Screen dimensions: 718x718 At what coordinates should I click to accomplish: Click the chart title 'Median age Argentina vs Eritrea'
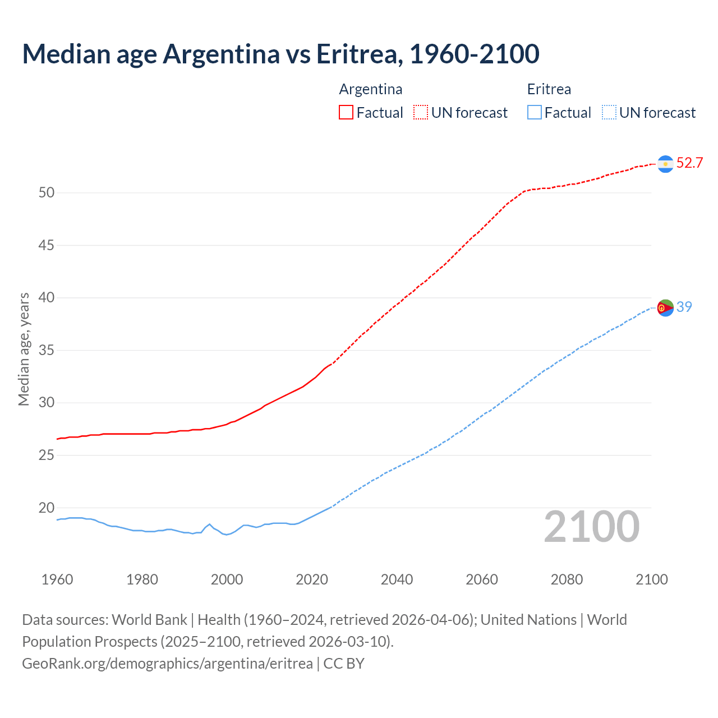point(280,54)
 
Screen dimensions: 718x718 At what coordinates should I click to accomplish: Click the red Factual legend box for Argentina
point(346,113)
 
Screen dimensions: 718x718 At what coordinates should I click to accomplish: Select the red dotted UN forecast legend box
point(421,113)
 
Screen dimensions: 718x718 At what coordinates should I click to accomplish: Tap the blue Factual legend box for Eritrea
point(535,113)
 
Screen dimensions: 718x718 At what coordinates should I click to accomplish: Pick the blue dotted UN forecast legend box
point(609,113)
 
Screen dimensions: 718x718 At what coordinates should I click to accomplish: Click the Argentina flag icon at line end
point(665,164)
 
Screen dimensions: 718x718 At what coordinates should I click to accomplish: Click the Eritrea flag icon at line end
point(665,307)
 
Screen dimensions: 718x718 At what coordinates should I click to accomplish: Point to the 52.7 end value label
point(689,163)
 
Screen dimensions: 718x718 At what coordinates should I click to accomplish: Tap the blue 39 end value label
point(684,307)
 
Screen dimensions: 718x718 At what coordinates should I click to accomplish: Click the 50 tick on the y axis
point(47,193)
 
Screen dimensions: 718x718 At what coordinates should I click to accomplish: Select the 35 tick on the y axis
point(47,351)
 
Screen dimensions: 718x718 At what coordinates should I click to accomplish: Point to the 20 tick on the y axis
point(47,508)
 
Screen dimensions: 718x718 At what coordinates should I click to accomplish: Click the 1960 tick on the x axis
point(57,579)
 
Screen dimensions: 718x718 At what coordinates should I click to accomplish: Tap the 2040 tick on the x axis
point(397,579)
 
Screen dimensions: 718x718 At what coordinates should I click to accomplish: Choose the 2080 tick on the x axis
point(567,579)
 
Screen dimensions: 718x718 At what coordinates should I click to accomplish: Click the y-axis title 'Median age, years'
point(24,349)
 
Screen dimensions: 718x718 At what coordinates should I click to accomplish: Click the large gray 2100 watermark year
point(592,527)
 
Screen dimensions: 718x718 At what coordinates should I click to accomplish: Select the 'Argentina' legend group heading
point(371,89)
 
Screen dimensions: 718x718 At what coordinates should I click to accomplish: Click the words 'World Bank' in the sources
point(149,620)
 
